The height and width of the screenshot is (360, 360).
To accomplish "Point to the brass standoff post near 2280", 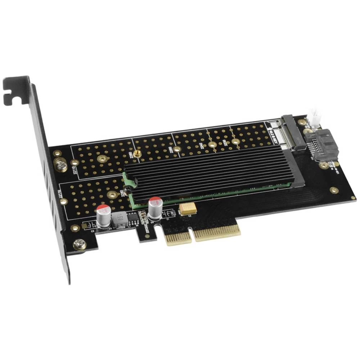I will tap(136, 154).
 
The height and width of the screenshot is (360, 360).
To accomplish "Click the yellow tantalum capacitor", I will tap(188, 209).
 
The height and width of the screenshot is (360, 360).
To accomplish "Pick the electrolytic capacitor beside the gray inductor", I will tap(103, 216).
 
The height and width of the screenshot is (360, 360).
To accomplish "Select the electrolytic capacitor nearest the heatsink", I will tap(155, 208).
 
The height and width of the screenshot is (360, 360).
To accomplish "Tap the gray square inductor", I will tap(120, 220).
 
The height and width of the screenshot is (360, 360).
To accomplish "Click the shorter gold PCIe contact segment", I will tap(179, 239).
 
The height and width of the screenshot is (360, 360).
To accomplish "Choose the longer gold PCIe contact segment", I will tap(217, 233).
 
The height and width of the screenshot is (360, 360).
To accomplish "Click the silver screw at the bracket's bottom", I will tap(79, 245).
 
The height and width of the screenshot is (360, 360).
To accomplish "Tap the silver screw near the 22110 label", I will tap(60, 165).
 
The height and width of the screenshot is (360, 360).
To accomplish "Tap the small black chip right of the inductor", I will tap(133, 217).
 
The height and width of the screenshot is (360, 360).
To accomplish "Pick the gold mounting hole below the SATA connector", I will tap(334, 190).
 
